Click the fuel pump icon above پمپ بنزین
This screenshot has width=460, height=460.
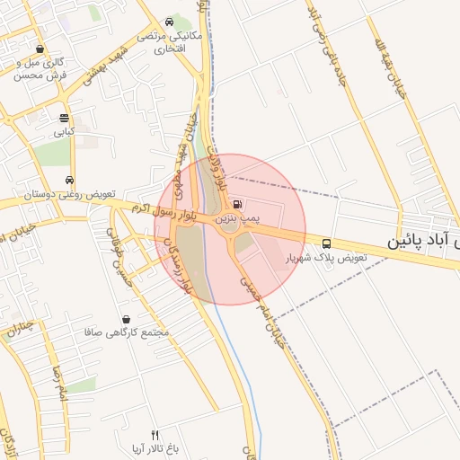(236, 204)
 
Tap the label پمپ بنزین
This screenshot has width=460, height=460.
(236, 218)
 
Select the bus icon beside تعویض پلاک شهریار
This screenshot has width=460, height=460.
(325, 243)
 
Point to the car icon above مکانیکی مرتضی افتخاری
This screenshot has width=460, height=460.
(170, 22)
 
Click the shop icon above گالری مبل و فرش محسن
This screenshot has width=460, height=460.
(39, 49)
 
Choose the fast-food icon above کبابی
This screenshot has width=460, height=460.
(64, 119)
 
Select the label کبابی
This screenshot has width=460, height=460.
(63, 132)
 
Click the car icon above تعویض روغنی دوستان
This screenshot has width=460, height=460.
(69, 180)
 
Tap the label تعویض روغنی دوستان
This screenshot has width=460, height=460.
(69, 194)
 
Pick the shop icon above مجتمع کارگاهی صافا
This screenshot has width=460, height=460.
(125, 319)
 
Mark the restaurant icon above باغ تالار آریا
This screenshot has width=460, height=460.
(154, 435)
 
